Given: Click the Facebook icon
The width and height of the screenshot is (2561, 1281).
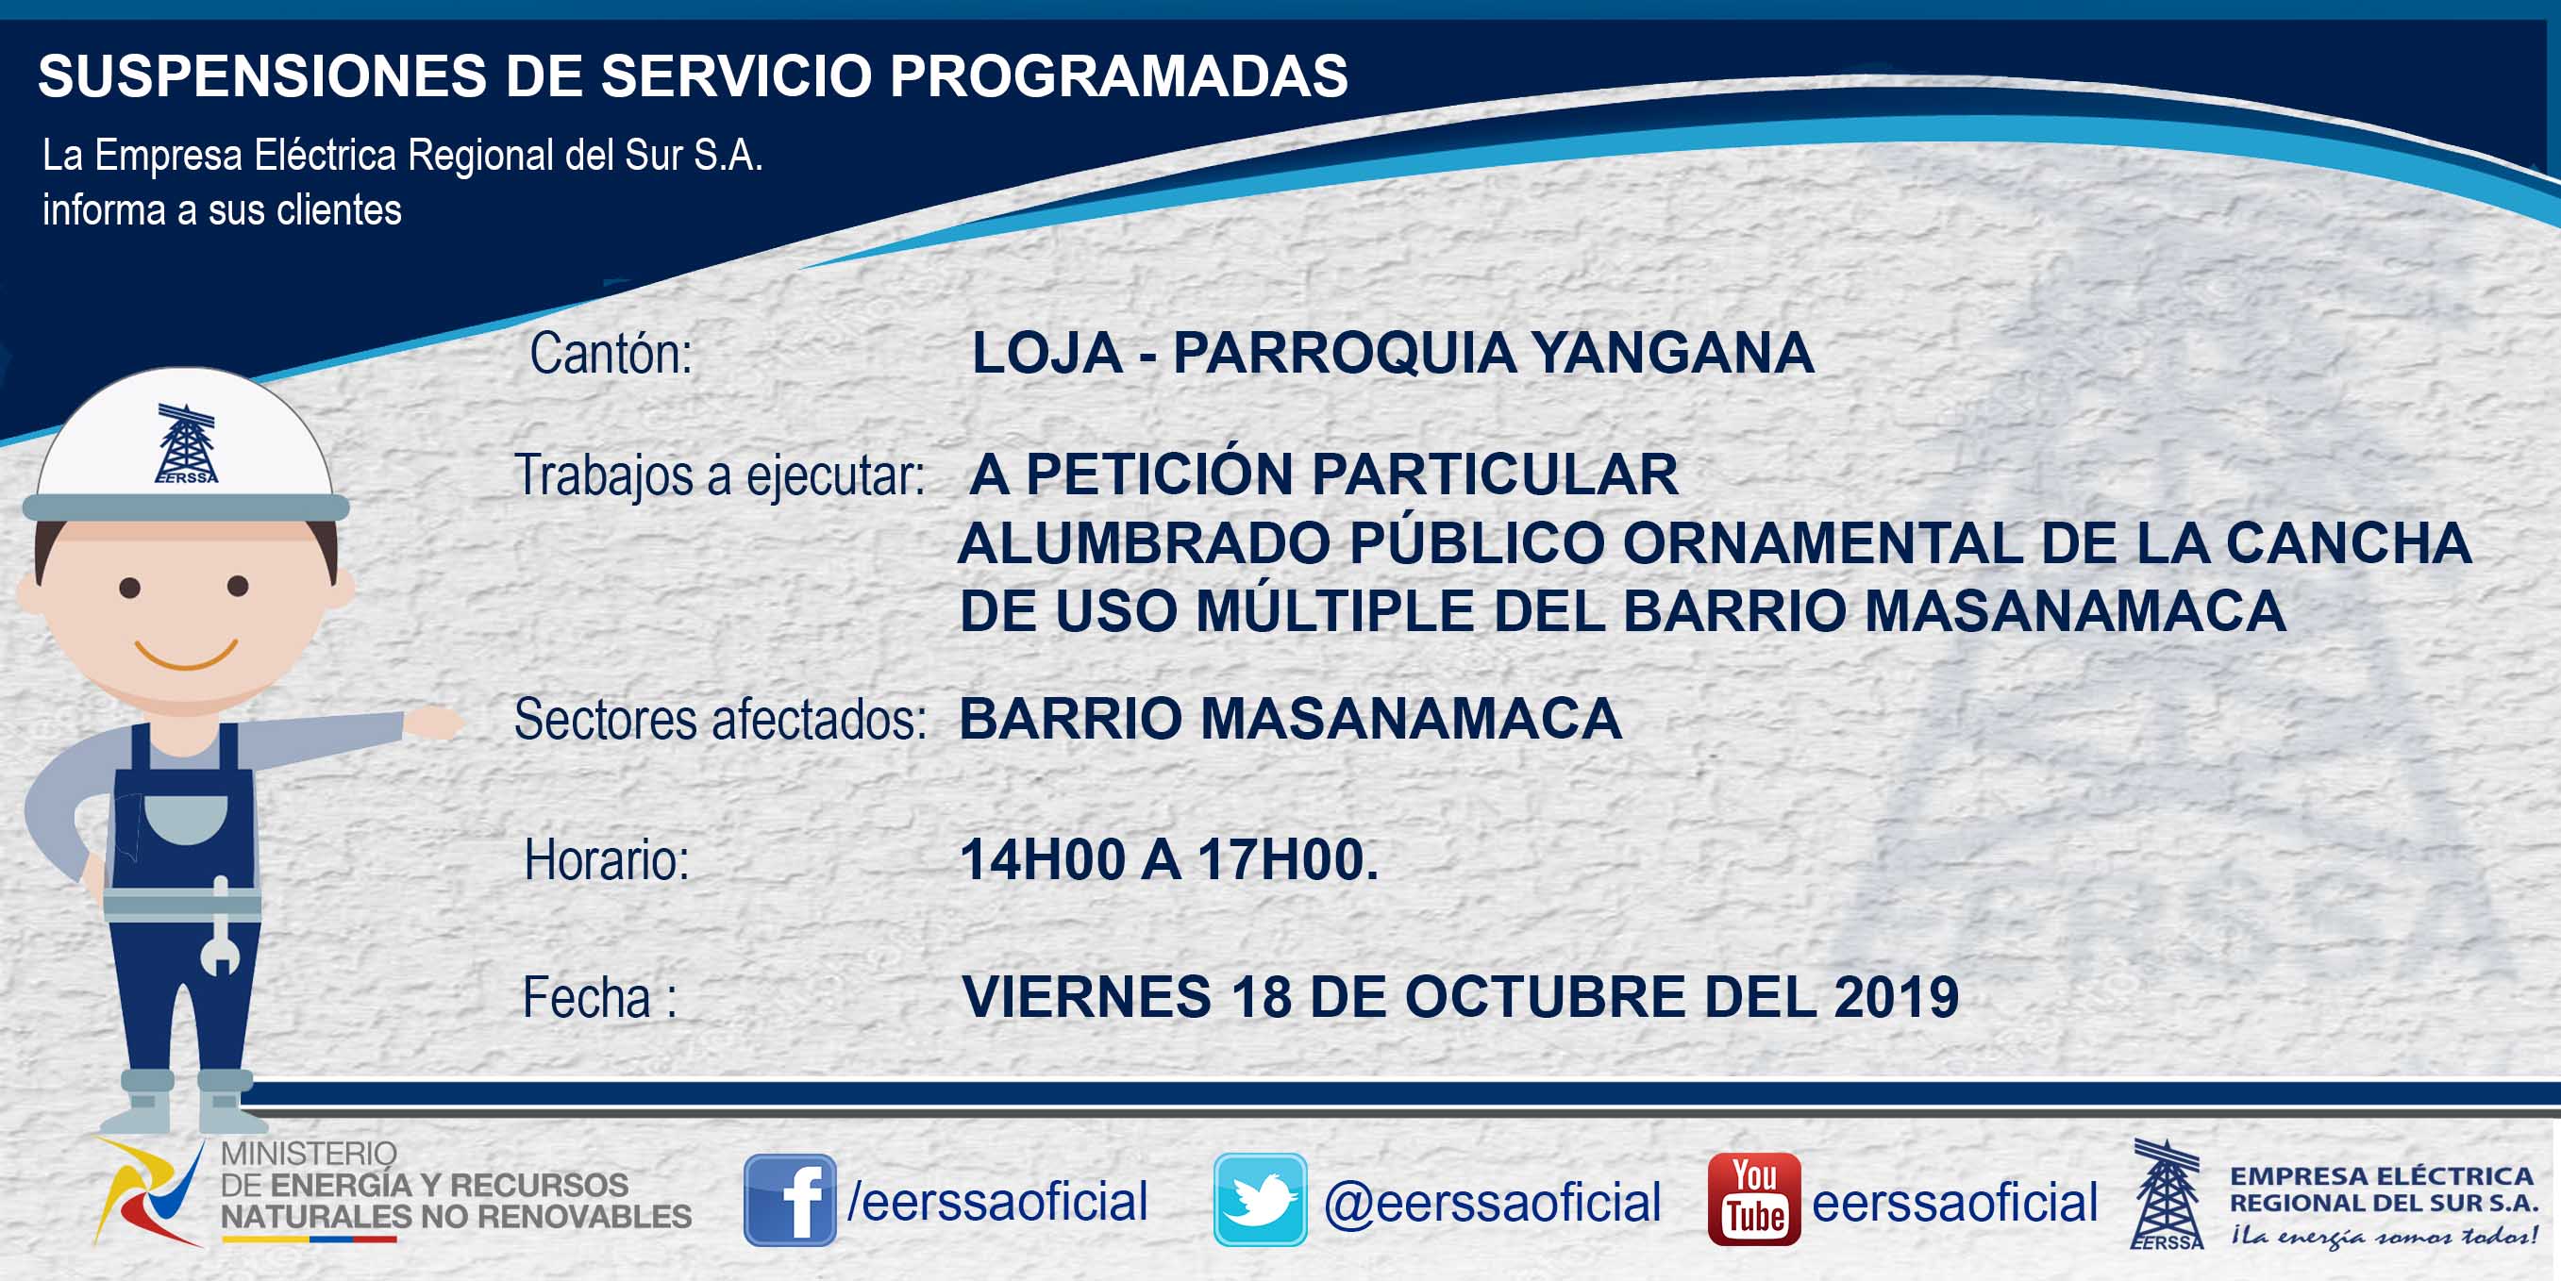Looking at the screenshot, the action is (x=790, y=1200).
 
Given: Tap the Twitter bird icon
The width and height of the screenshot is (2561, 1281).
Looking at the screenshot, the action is (x=1260, y=1200).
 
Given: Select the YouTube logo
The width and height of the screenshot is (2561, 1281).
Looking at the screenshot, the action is (x=1753, y=1200).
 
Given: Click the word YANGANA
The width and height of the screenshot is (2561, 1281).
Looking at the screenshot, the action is (x=1672, y=353).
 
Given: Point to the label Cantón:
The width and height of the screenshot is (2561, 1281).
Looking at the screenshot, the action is (x=611, y=354).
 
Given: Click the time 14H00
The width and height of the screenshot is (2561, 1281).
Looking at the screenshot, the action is (x=1043, y=859).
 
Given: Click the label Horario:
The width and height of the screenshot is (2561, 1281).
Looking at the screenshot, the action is (x=607, y=860).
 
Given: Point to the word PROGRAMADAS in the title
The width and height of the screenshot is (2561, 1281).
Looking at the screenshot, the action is (x=1118, y=75).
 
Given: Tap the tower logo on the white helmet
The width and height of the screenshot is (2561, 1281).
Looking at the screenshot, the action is (x=186, y=443).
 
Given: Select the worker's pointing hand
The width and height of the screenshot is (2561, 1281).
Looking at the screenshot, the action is (x=434, y=723).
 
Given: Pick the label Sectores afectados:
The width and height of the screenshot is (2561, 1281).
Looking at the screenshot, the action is (x=720, y=720).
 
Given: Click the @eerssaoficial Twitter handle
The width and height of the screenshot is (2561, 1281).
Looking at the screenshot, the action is (x=1492, y=1203).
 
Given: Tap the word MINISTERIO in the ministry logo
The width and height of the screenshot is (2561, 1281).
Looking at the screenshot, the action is (x=309, y=1154).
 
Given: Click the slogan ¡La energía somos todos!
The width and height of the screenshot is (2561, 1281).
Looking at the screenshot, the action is (x=2384, y=1237).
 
